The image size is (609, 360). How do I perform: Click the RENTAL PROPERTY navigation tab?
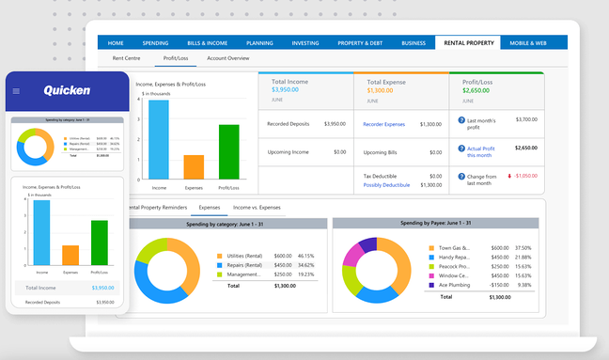click(467, 43)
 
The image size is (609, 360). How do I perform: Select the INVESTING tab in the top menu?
click(305, 43)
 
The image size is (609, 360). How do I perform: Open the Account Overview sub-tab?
click(228, 58)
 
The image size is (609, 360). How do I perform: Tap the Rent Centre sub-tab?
click(126, 58)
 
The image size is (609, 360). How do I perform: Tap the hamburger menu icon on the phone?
click(16, 91)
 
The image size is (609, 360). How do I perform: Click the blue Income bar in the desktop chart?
click(159, 140)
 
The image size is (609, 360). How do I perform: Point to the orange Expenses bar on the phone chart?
click(70, 255)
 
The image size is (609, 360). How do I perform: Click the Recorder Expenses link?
click(383, 124)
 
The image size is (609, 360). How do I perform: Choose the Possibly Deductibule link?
click(386, 185)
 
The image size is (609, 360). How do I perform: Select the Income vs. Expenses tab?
click(257, 207)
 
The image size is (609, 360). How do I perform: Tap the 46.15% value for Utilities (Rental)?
click(305, 256)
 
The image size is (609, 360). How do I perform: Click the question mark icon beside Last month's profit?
click(461, 120)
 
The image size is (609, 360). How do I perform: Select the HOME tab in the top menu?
click(116, 43)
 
